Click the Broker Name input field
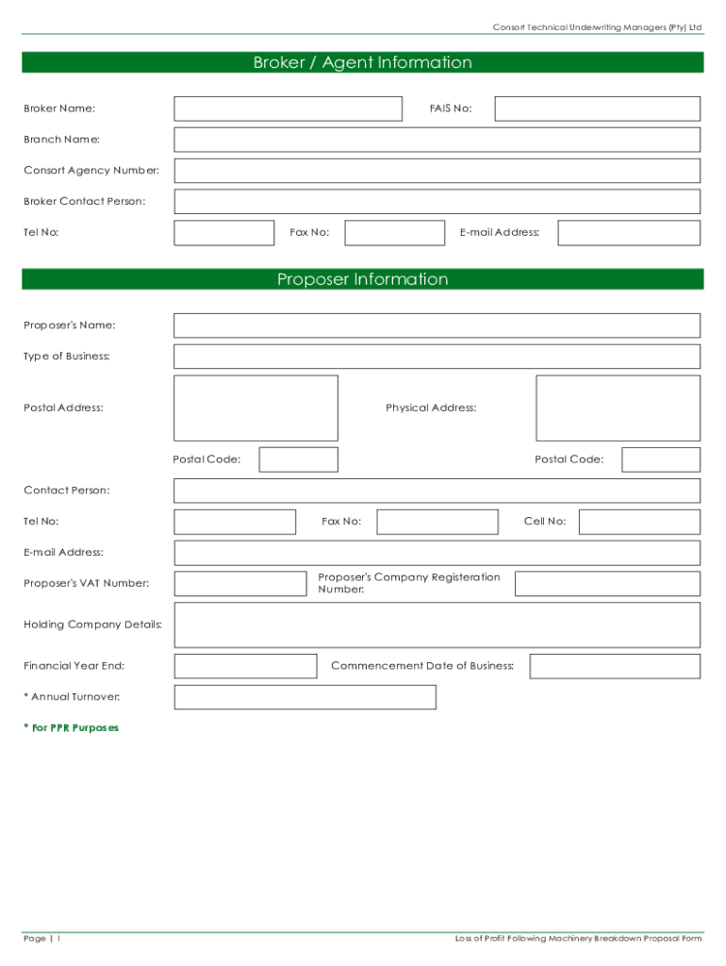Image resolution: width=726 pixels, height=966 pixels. (x=288, y=108)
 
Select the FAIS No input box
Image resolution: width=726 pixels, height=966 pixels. (x=597, y=108)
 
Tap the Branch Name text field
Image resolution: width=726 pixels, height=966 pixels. (x=437, y=140)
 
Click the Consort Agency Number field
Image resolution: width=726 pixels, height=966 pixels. (x=437, y=171)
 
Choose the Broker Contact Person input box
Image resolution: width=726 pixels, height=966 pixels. (x=437, y=202)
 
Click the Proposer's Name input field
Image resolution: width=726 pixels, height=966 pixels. (x=437, y=325)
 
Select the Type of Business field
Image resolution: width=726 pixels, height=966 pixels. (x=437, y=357)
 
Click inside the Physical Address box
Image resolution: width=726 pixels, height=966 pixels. (x=618, y=408)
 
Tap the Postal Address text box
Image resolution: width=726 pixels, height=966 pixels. (x=256, y=408)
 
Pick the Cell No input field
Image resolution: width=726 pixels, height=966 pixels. (x=639, y=522)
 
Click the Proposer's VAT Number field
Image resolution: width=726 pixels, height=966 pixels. (x=240, y=584)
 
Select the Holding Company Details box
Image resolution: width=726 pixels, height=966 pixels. (x=437, y=625)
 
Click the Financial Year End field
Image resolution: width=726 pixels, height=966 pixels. (x=245, y=666)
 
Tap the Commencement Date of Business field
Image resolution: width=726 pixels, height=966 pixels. (x=615, y=666)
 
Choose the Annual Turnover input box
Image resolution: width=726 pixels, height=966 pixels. (x=305, y=697)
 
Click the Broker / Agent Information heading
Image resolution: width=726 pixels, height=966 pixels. (x=362, y=63)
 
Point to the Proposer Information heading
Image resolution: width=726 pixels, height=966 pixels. (x=362, y=279)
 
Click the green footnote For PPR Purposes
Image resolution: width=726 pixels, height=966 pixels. (x=72, y=728)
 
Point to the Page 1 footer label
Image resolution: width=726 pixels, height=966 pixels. (x=42, y=939)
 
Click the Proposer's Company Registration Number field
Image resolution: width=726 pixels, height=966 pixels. (x=607, y=584)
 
